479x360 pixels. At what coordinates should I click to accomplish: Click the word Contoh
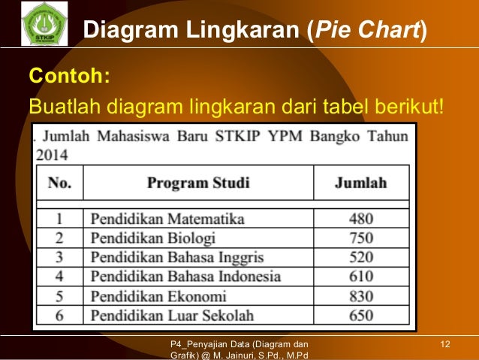[68, 77]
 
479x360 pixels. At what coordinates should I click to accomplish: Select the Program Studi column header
[198, 183]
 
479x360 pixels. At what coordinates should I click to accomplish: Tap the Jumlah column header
[360, 183]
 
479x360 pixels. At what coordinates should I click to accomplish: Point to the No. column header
[60, 183]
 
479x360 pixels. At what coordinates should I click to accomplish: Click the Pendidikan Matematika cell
[167, 219]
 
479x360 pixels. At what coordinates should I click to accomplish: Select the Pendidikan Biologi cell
[152, 238]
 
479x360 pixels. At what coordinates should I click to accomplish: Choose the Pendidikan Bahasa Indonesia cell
[185, 277]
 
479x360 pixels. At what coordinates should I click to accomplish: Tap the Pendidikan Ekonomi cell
[158, 295]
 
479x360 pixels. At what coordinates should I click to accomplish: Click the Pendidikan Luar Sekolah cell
[172, 315]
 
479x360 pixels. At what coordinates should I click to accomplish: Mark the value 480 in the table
[360, 219]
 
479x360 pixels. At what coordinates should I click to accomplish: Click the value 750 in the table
[360, 238]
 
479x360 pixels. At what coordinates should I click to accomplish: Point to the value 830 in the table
[360, 295]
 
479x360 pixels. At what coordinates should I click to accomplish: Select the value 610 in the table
[360, 277]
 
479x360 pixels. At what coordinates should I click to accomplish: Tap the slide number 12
[445, 344]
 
